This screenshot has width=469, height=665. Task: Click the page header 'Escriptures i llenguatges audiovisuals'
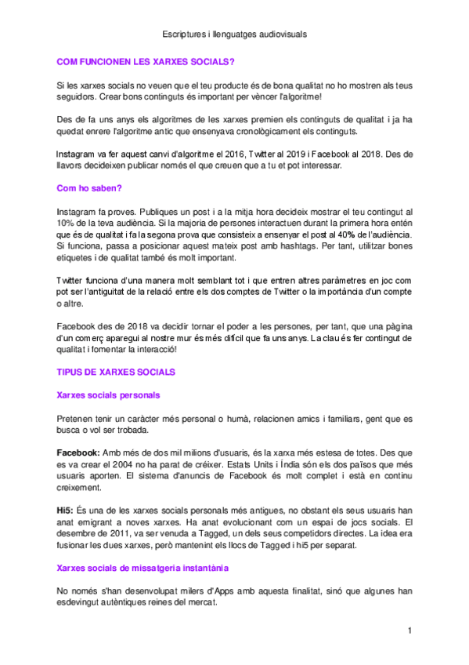pyautogui.click(x=235, y=35)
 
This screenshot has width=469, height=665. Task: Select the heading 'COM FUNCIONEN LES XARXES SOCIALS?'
pyautogui.click(x=146, y=60)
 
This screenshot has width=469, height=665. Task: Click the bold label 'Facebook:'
pyautogui.click(x=78, y=453)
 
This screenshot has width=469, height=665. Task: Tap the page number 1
pyautogui.click(x=409, y=630)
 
